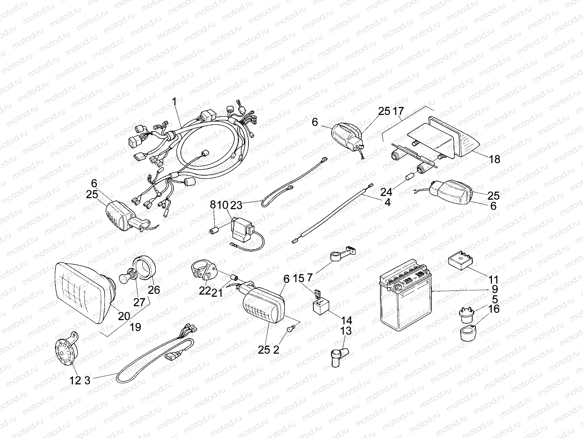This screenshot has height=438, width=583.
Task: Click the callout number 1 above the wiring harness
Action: (175, 92)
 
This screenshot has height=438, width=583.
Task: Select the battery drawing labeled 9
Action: (404, 296)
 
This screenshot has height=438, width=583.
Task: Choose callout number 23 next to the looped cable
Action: (236, 205)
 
